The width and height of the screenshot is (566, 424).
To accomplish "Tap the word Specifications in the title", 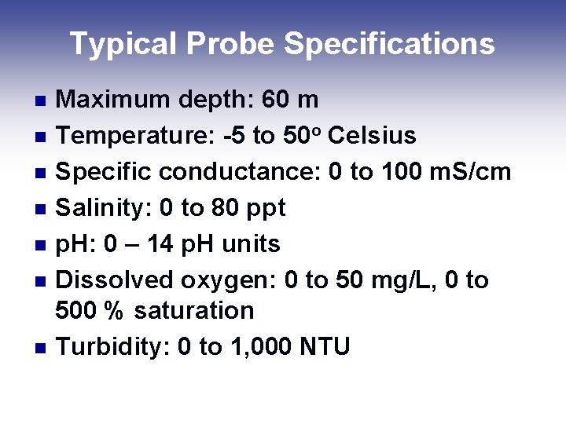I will [x=389, y=44].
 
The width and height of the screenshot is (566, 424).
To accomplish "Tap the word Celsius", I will [x=372, y=136].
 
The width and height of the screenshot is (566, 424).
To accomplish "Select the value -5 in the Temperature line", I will [x=233, y=136].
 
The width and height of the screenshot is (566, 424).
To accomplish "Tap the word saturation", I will [x=194, y=311].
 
